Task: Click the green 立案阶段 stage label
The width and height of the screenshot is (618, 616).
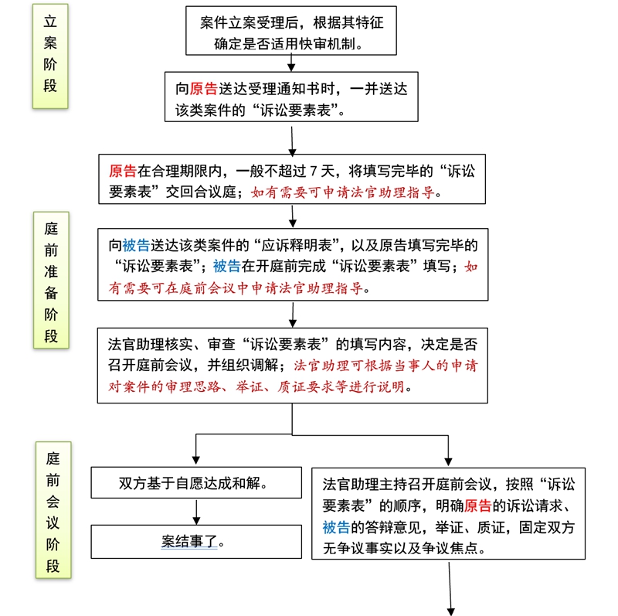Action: coord(50,56)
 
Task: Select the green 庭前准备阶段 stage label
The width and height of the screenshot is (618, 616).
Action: coord(51,280)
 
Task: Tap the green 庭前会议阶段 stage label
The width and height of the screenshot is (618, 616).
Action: coord(53,510)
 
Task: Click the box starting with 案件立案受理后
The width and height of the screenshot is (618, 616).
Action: coord(291,31)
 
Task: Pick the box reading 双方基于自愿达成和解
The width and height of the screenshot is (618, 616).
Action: coord(196,483)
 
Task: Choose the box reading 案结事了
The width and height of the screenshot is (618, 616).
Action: coord(196,542)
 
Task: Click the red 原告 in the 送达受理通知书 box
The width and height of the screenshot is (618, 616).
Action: coord(203,89)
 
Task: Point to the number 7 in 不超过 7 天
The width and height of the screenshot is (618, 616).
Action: coord(314,171)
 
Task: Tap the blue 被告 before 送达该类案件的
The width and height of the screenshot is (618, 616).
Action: coord(136,245)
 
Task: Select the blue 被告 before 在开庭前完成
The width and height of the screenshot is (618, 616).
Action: coord(227,266)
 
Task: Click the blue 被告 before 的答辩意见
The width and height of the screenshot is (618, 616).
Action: coord(336,527)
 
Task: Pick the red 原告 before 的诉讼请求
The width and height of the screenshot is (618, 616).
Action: coord(477,505)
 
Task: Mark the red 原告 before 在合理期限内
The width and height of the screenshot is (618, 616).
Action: coord(123,171)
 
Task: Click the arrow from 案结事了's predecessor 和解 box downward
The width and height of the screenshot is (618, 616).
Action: coord(196,512)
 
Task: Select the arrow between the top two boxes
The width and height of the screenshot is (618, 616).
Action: coord(291,63)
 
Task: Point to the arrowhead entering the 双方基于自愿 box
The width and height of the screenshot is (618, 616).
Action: coord(196,461)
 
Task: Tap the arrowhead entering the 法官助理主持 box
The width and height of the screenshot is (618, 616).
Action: coord(448,461)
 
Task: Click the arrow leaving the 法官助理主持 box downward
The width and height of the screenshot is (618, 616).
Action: coord(450,588)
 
